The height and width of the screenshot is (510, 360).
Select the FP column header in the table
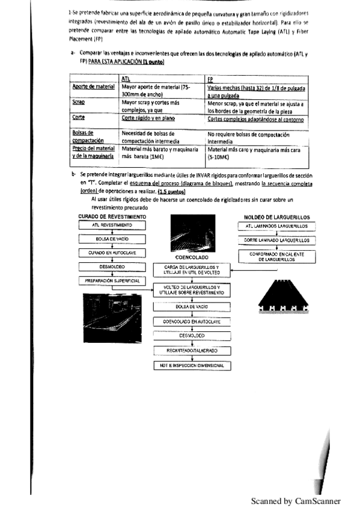(210, 79)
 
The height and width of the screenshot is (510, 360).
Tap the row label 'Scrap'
(78, 103)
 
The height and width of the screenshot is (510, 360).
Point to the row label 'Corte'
(78, 118)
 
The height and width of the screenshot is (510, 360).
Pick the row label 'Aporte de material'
(93, 87)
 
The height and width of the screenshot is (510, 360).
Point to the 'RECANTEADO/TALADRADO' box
(192, 349)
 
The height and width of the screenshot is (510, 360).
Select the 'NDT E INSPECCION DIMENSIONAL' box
(192, 365)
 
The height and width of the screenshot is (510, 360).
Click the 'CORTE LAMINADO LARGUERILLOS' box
(276, 239)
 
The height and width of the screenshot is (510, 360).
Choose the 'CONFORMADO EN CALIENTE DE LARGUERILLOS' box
(276, 257)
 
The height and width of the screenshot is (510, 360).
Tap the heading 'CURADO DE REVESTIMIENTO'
(112, 215)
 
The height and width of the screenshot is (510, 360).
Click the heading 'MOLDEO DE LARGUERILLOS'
(276, 216)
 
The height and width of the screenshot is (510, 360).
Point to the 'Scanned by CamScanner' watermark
(296, 500)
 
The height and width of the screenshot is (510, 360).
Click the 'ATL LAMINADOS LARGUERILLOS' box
(276, 226)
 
